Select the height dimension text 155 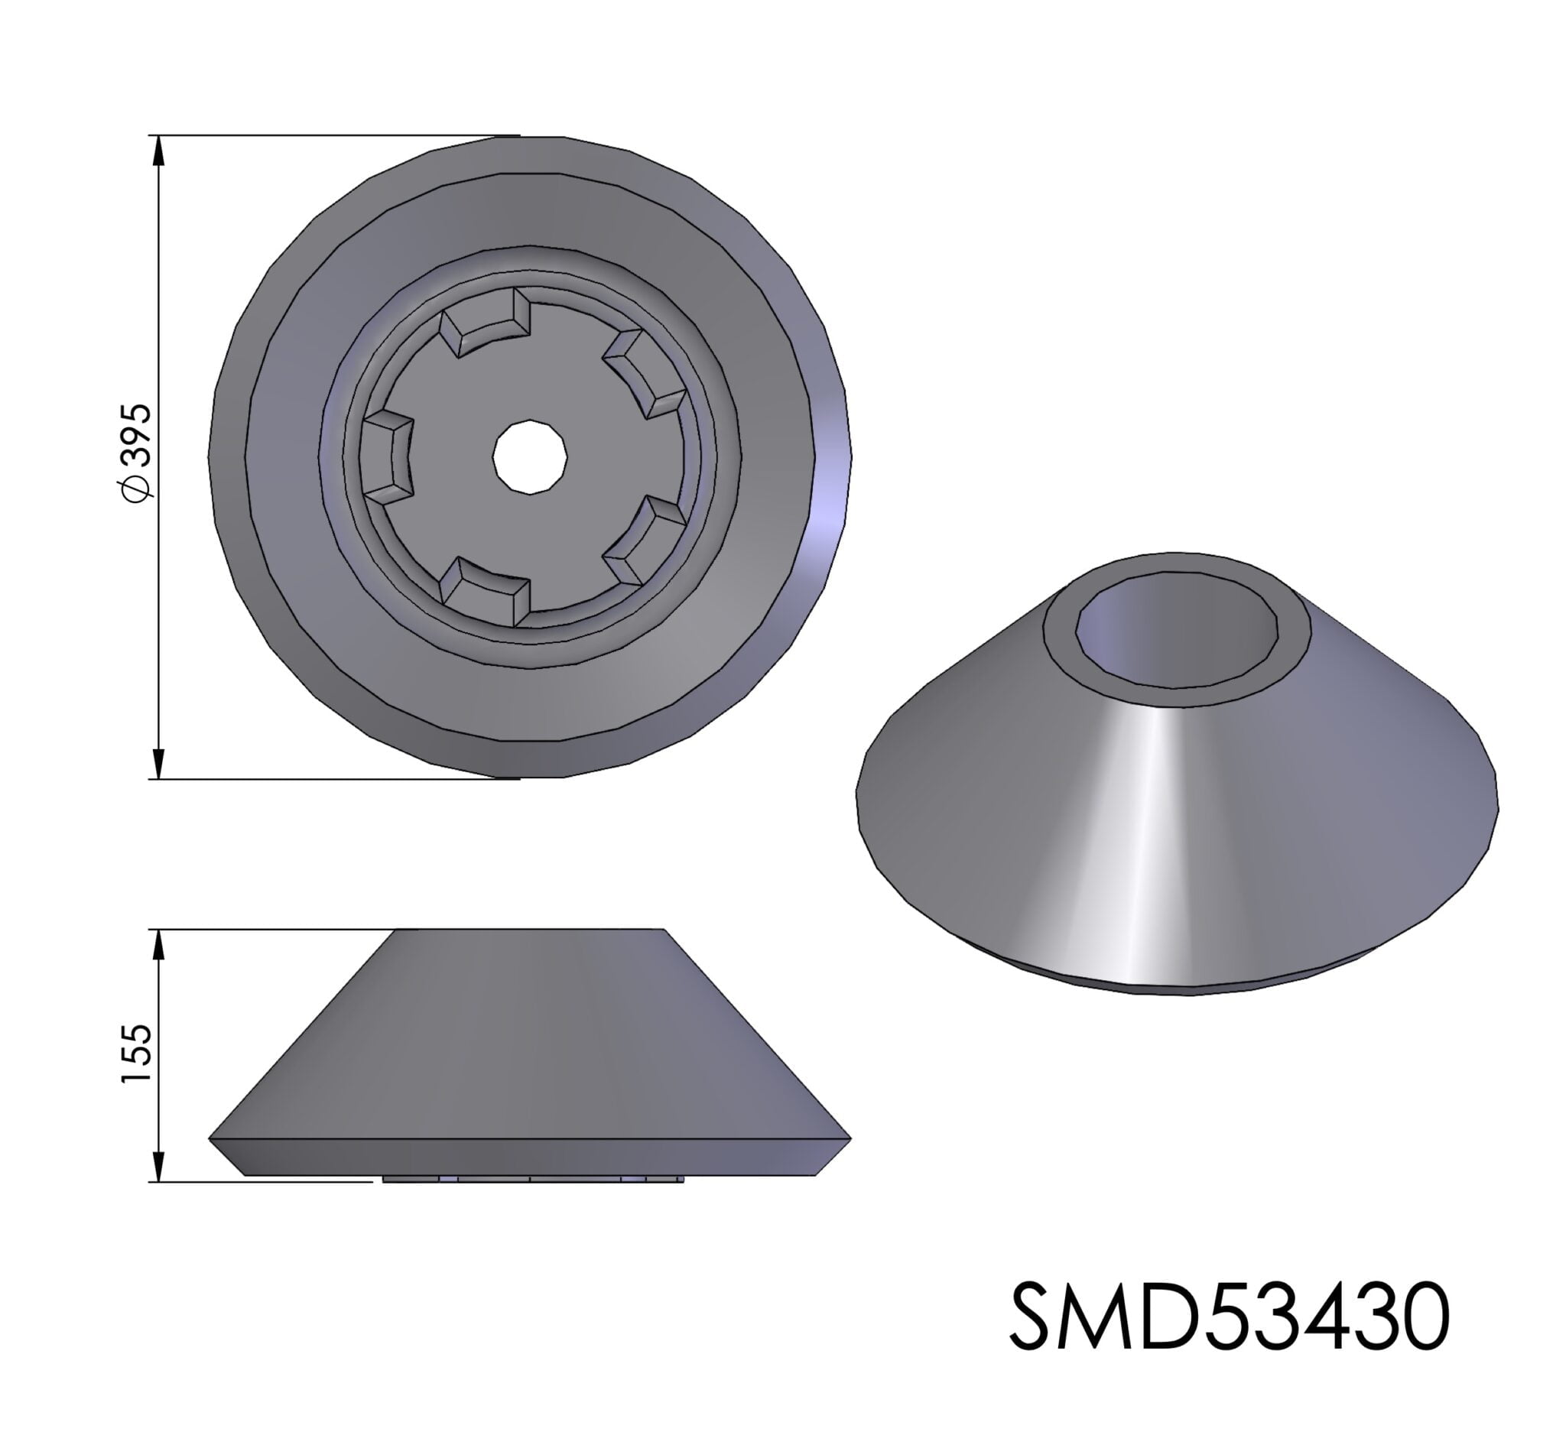(x=136, y=1054)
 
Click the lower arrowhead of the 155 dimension (x=158, y=1167)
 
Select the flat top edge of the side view (x=530, y=931)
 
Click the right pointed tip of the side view (x=849, y=1138)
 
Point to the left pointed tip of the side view (x=211, y=1138)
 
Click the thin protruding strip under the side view (x=533, y=1178)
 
